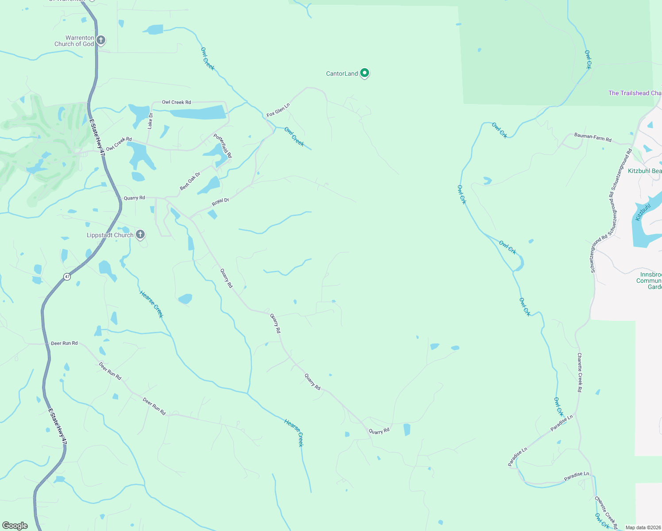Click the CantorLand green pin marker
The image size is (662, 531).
coord(364,73)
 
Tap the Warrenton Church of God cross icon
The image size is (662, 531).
coord(101,41)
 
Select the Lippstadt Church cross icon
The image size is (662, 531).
coord(140,235)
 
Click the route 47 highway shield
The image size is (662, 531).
coord(67,277)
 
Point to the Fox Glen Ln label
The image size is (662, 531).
coord(278,110)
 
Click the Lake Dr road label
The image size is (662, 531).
coord(150,121)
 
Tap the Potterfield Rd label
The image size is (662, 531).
coord(223,146)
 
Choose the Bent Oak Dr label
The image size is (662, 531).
coord(190,181)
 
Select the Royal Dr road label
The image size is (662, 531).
coord(220,202)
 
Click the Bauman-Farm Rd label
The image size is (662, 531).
coord(593,138)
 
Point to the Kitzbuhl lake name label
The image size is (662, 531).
coord(643,212)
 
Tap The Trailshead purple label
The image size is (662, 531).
coord(635,93)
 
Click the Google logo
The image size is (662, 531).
coord(15,526)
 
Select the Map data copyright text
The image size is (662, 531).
coord(643,527)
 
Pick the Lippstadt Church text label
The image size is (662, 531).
coord(110,235)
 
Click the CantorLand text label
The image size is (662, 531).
coord(342,73)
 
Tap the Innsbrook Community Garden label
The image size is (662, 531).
coord(649,281)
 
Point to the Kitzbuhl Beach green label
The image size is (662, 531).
coord(645,171)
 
